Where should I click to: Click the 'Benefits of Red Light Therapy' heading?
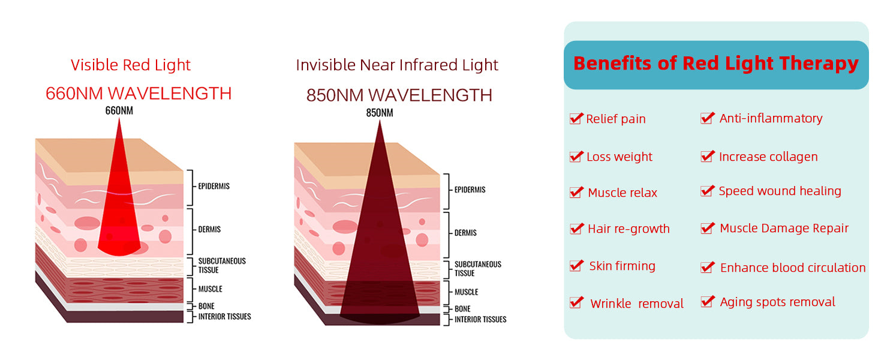[x=716, y=64]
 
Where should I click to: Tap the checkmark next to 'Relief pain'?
[x=576, y=118]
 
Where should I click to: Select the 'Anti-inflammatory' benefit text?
[x=771, y=118]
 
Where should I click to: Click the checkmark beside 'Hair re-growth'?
[x=576, y=228]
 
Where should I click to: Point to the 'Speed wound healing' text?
[x=780, y=191]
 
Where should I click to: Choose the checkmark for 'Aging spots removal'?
[x=708, y=302]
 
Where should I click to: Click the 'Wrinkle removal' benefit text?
[x=637, y=304]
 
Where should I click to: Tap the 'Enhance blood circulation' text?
[x=793, y=268]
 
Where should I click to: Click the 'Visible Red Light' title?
[x=131, y=65]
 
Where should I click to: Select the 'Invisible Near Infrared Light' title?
[x=397, y=65]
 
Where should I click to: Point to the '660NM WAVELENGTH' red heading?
[x=139, y=94]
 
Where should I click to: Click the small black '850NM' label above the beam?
[x=380, y=113]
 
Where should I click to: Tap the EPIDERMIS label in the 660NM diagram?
[x=214, y=186]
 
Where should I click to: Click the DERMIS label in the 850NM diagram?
[x=465, y=233]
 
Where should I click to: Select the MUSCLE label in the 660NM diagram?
[x=210, y=289]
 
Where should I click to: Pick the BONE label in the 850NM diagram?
[x=462, y=309]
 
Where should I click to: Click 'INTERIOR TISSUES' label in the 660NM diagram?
[x=224, y=316]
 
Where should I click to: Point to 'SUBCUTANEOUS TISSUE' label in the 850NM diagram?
[x=478, y=269]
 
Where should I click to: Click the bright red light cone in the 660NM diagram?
[x=119, y=204]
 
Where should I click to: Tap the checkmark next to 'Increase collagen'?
[x=708, y=157]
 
